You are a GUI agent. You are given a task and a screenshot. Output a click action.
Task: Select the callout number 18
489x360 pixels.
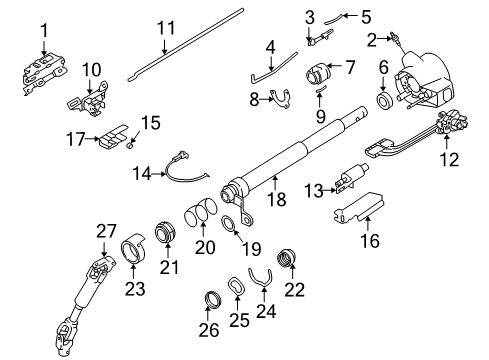[277, 200]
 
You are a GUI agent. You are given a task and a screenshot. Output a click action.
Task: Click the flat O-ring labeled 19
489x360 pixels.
[229, 220]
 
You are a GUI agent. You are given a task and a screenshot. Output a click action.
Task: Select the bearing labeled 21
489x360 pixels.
[163, 236]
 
